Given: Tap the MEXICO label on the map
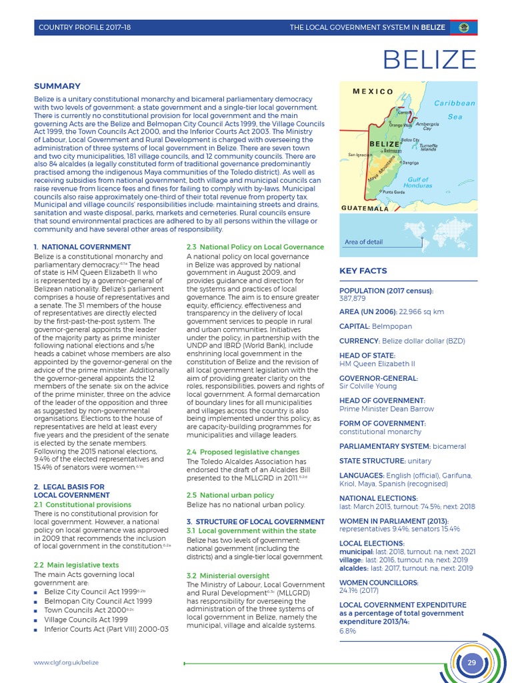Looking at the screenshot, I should pyautogui.click(x=373, y=91).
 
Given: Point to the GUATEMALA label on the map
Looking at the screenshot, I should pyautogui.click(x=365, y=209).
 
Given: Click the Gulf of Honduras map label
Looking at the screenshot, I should pyautogui.click(x=418, y=182).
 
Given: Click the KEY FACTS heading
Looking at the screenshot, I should pyautogui.click(x=363, y=271).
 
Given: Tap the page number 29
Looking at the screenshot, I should pyautogui.click(x=472, y=662).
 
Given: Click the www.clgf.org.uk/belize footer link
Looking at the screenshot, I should pyautogui.click(x=66, y=662).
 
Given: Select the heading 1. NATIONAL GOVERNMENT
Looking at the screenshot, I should pyautogui.click(x=82, y=247).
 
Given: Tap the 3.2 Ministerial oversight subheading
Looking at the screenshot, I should pyautogui.click(x=228, y=575).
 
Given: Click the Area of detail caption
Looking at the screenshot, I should pyautogui.click(x=364, y=242).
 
